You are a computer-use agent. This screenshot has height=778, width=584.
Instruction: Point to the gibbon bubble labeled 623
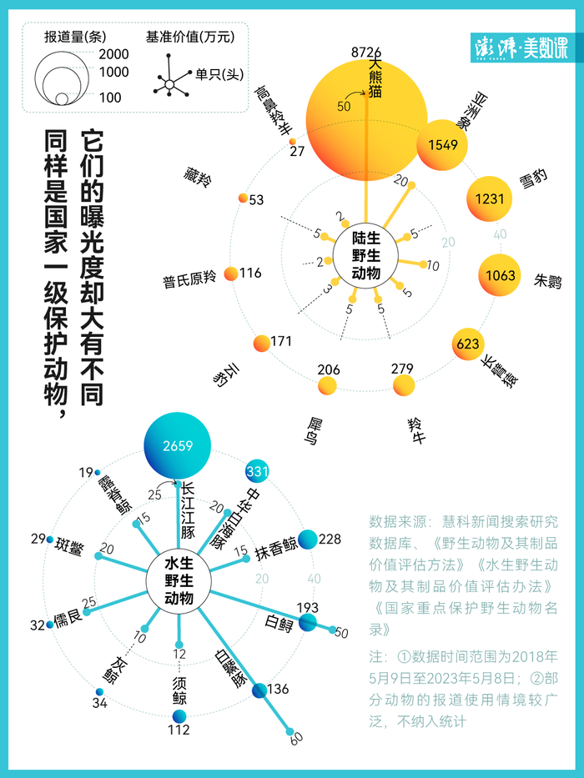469,343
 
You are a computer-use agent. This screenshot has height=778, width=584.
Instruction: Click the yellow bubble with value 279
404,384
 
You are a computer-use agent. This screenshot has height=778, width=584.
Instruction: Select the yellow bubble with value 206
328,384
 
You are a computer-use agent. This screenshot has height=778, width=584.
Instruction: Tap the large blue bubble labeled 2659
177,445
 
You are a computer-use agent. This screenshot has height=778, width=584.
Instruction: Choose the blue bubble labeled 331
257,472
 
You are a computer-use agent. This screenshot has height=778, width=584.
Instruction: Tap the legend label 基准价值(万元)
190,37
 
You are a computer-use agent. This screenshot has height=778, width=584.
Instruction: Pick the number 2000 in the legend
114,54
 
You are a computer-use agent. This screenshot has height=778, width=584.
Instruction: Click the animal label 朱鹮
547,282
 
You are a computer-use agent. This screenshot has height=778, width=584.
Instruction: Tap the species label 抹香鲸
277,545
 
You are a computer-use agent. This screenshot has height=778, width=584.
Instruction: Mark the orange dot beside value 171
261,343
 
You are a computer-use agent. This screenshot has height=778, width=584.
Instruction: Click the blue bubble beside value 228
307,540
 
